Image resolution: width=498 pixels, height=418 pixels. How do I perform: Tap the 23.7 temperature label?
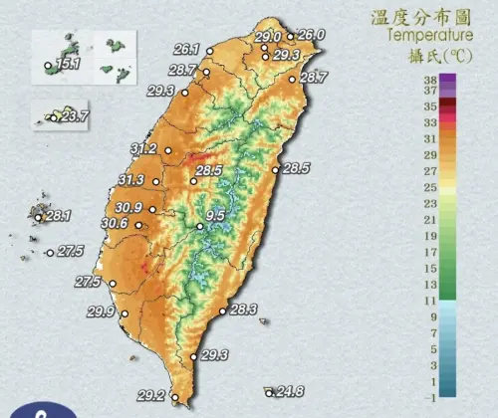tap(74, 116)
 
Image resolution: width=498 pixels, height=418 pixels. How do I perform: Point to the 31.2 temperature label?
tap(143, 149)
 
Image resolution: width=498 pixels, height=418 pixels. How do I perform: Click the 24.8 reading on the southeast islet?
tap(290, 390)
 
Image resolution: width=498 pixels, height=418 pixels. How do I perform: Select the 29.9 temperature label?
tap(101, 313)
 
